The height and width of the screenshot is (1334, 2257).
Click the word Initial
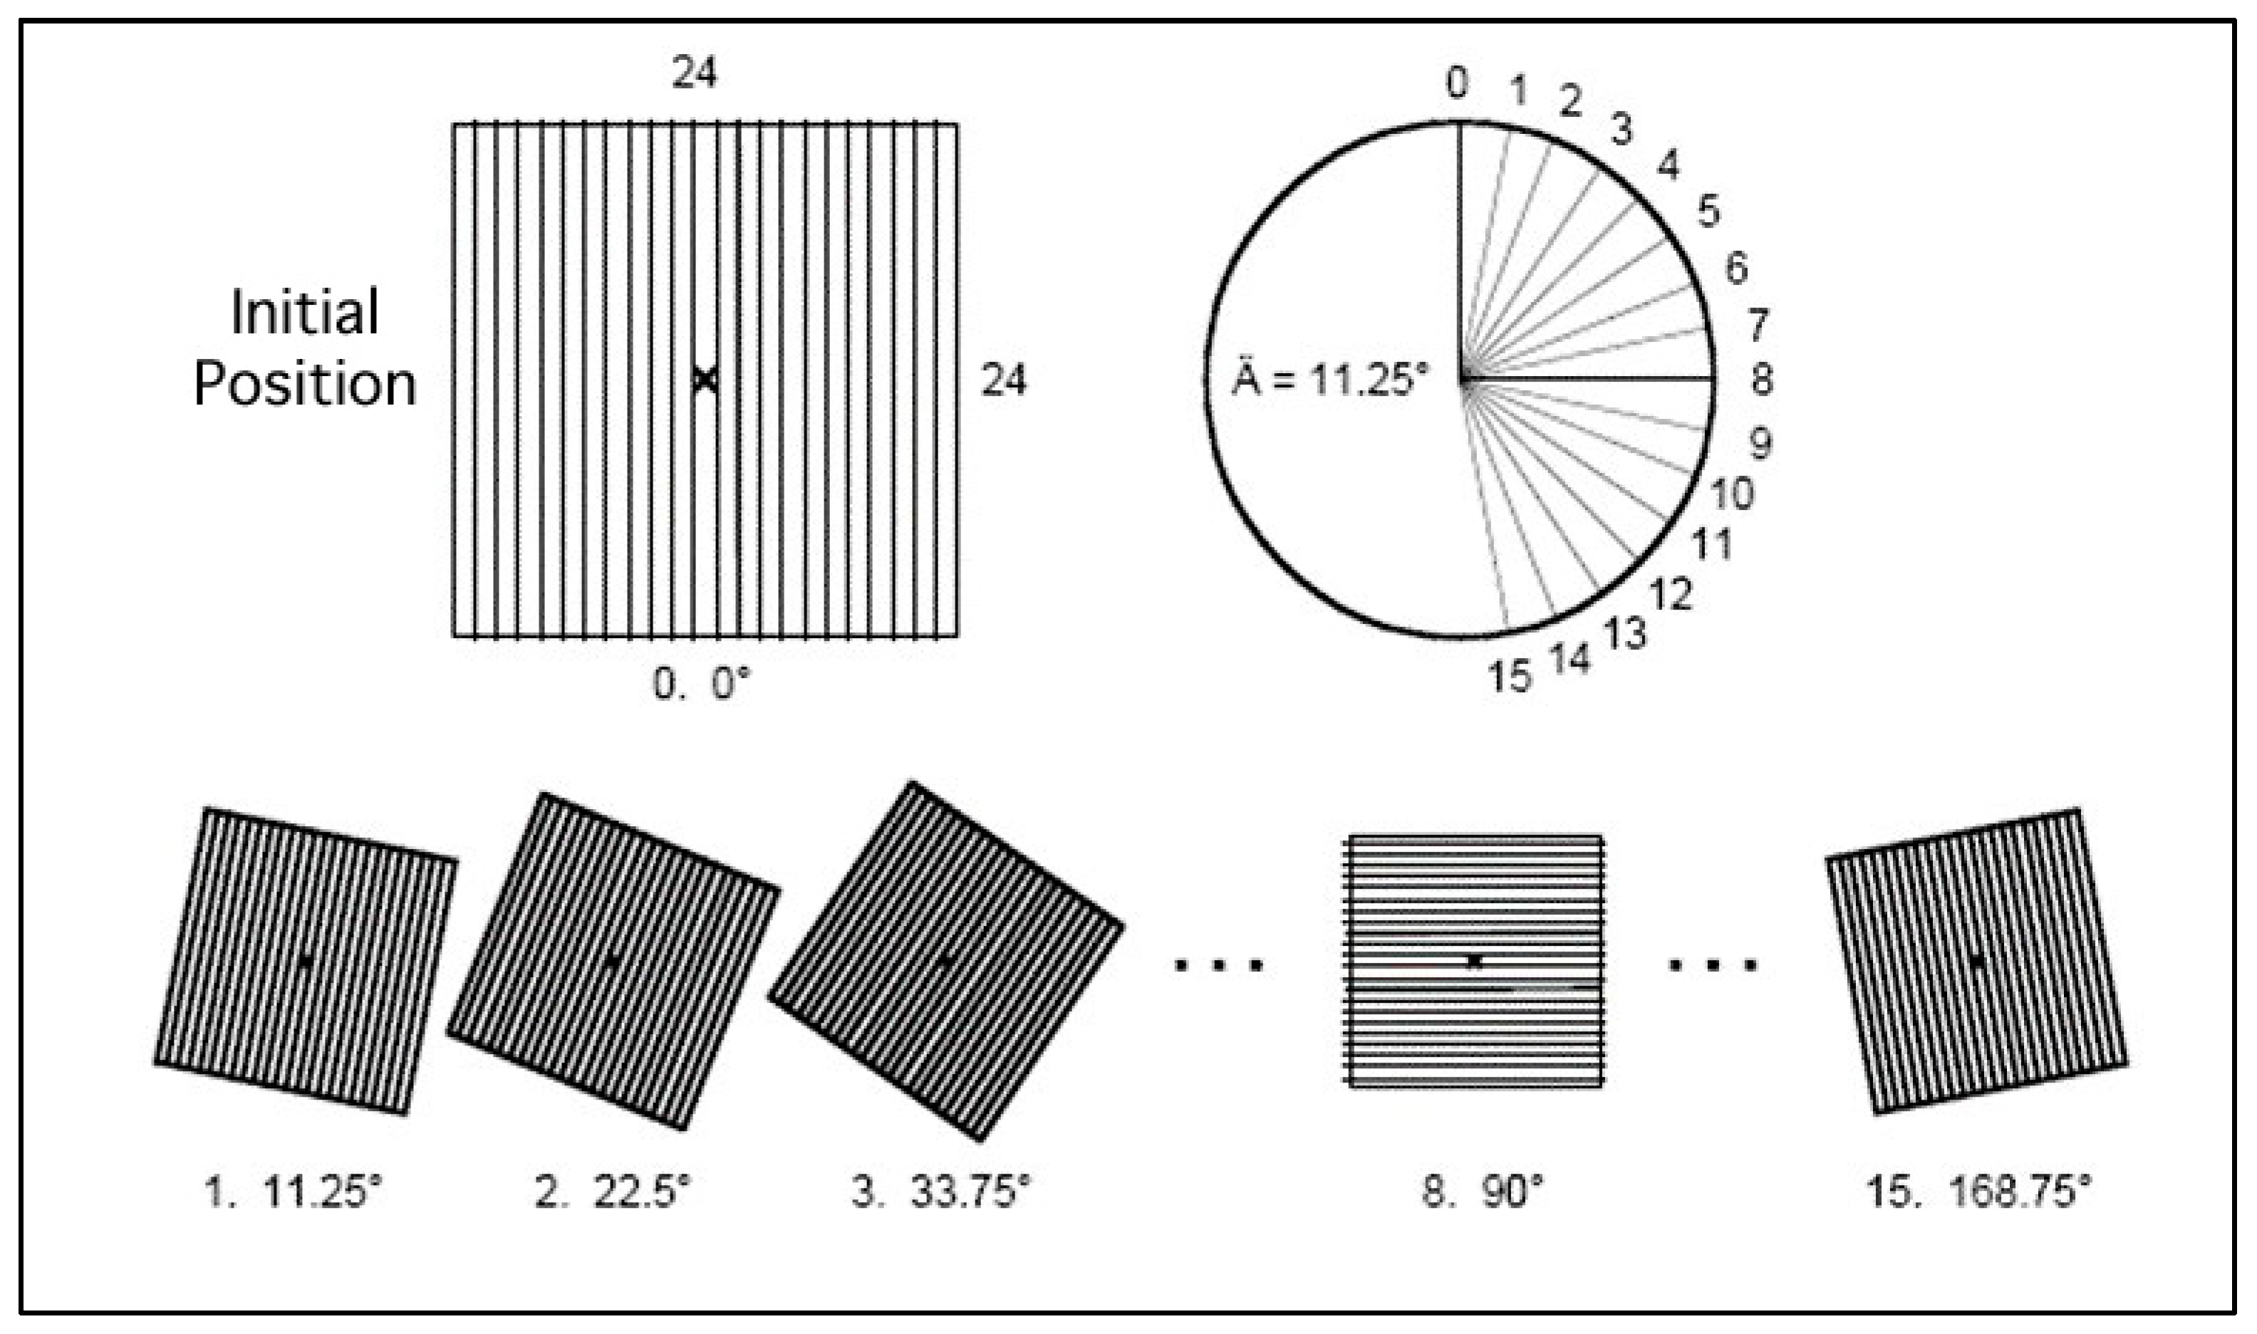pos(305,312)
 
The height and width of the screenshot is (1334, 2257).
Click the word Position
pos(305,384)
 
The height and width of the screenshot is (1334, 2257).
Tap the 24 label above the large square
pos(694,73)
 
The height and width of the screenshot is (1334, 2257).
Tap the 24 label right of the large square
pos(1002,380)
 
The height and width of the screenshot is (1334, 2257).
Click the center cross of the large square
pos(706,380)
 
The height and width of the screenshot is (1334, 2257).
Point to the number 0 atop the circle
pos(1457,83)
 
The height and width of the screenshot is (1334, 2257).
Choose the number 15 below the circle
pos(1509,676)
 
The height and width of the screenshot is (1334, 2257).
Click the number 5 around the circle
pos(1708,212)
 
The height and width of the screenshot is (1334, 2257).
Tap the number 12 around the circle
pos(1671,593)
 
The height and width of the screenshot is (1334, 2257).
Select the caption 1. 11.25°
pos(293,1193)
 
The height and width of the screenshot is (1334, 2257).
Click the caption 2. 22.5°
pos(613,1193)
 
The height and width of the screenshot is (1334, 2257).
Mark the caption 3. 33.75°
pos(940,1193)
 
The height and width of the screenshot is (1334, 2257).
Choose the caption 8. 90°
pos(1482,1193)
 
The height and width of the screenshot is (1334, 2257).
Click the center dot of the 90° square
pos(1474,961)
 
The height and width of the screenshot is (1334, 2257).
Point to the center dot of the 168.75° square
pos(1976,961)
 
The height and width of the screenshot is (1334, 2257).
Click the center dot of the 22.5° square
pos(611,962)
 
